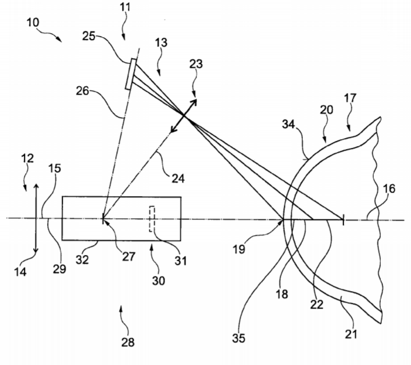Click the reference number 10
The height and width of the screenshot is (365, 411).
pyautogui.click(x=33, y=23)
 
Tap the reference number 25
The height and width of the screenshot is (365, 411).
pyautogui.click(x=88, y=36)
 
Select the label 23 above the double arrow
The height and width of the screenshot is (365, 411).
pyautogui.click(x=196, y=64)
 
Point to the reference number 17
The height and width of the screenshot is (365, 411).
pyautogui.click(x=350, y=98)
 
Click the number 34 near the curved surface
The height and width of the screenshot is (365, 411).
pyautogui.click(x=288, y=124)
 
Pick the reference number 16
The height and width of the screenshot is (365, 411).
pyautogui.click(x=389, y=189)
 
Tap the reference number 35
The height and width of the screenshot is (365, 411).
pyautogui.click(x=238, y=338)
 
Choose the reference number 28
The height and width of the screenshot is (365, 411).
pyautogui.click(x=128, y=342)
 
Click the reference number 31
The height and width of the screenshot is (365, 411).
pyautogui.click(x=181, y=261)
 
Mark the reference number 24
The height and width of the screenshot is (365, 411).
pyautogui.click(x=178, y=179)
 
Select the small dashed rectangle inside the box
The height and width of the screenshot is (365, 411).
pyautogui.click(x=152, y=219)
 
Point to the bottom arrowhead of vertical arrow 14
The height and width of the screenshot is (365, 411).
pyautogui.click(x=36, y=251)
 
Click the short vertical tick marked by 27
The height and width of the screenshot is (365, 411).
pyautogui.click(x=103, y=218)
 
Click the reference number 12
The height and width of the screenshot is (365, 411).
pyautogui.click(x=27, y=158)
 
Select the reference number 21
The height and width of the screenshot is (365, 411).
pyautogui.click(x=351, y=334)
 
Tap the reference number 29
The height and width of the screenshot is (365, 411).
pyautogui.click(x=59, y=269)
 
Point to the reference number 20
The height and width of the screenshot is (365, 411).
pyautogui.click(x=327, y=109)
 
